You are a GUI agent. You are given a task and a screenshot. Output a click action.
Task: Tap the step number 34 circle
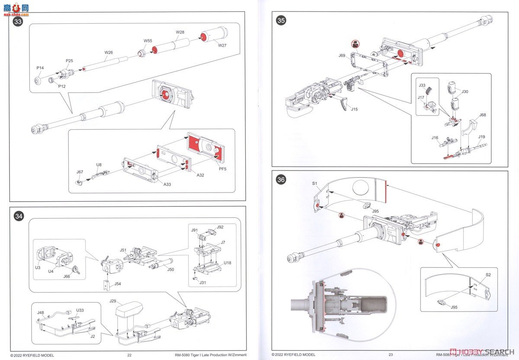[18, 216]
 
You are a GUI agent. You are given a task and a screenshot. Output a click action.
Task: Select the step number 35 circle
[281, 20]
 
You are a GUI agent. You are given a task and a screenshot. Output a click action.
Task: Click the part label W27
[222, 45]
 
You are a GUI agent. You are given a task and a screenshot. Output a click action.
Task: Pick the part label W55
[148, 41]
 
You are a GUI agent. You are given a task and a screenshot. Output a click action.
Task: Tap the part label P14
[40, 68]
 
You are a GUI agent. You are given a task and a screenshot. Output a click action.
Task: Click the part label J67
[80, 172]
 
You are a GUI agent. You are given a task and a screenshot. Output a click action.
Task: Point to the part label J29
[113, 301]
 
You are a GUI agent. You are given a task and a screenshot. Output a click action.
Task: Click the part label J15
[354, 109]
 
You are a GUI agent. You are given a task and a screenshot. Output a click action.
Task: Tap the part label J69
[342, 55]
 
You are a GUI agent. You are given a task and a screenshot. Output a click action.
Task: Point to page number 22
[129, 355]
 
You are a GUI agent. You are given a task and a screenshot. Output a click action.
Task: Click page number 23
[391, 355]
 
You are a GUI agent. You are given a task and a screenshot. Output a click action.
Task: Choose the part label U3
[38, 268]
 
